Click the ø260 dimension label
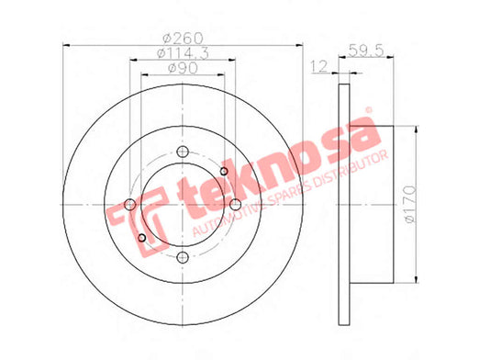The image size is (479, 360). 183,38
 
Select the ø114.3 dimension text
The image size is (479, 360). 183,53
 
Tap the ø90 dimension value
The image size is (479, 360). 183,68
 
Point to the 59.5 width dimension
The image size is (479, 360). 366,51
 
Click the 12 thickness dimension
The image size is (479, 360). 319,66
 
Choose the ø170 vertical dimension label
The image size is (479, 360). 410,204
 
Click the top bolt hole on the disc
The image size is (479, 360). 183,152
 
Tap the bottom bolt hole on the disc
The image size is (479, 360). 183,257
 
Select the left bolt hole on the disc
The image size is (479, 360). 130,204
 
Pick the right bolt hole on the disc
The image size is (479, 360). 235,204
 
